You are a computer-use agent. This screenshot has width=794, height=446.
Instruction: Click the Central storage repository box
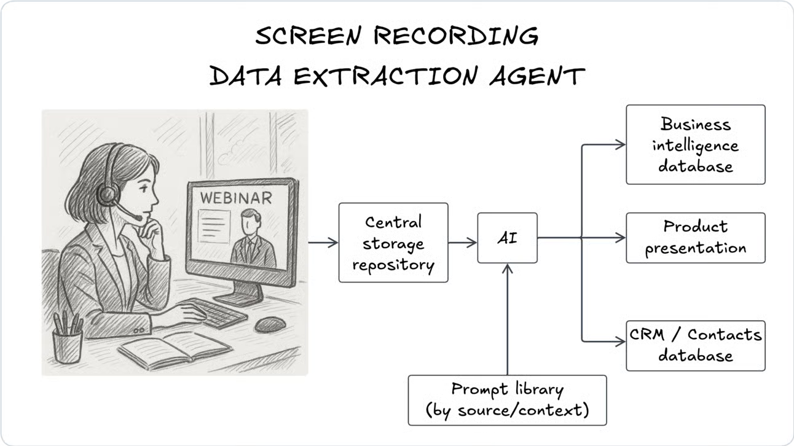coord(393,243)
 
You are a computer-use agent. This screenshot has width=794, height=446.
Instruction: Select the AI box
coord(507,238)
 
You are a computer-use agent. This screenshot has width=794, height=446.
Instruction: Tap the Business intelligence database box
coord(695,144)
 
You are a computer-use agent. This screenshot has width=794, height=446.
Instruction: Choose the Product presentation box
coord(695,238)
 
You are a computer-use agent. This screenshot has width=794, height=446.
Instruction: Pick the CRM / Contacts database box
coord(695,345)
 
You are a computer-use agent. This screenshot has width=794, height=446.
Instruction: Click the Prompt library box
coord(507,400)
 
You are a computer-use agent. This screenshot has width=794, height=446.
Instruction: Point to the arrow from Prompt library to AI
coord(507,319)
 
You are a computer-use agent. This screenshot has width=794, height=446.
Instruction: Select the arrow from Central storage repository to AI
coord(463,243)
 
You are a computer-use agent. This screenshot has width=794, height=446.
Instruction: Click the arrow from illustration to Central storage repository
coord(323,243)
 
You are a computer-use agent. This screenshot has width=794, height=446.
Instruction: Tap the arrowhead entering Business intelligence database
coord(621,144)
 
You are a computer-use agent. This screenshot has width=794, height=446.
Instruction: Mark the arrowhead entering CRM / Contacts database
coord(621,342)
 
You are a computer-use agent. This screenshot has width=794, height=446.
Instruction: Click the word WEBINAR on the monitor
coord(235,198)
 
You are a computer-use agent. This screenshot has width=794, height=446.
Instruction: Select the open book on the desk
coord(175,349)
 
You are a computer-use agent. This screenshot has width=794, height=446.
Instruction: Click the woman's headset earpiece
coord(107,195)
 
